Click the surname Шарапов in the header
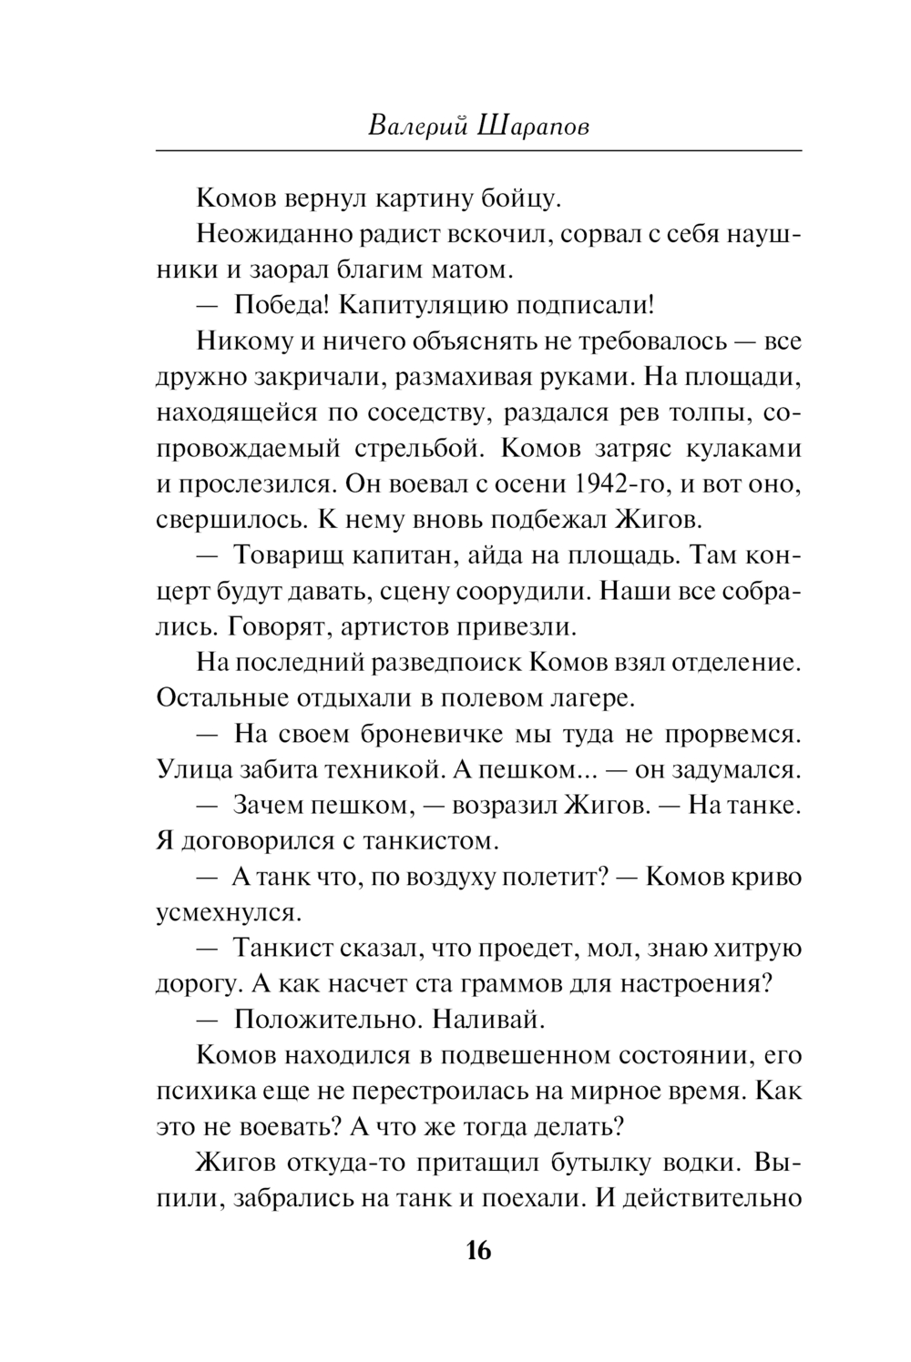[x=532, y=125]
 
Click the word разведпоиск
[x=445, y=663]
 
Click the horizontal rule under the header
[x=478, y=149]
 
